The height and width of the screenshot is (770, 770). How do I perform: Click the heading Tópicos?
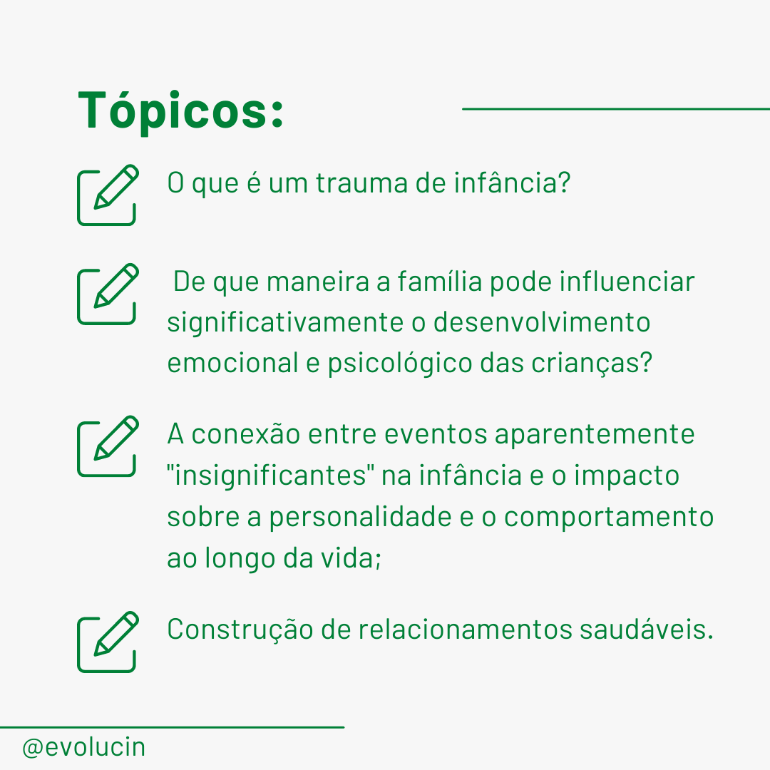click(x=180, y=111)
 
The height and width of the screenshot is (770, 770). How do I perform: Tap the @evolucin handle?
click(x=83, y=748)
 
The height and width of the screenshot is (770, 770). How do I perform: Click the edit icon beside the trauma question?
click(x=108, y=195)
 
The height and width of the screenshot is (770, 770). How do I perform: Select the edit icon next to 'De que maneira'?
click(x=108, y=294)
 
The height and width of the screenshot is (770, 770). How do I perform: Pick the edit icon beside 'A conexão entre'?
click(x=108, y=446)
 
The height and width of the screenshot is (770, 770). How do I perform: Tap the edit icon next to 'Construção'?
click(x=108, y=642)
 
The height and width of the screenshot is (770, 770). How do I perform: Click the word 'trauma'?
click(x=361, y=183)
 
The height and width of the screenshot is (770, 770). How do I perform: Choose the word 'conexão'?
click(x=245, y=435)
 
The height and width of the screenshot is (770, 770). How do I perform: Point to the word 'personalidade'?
click(x=360, y=517)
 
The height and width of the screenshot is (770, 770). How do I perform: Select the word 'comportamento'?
click(x=609, y=517)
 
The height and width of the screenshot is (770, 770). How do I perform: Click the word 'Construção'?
click(x=240, y=630)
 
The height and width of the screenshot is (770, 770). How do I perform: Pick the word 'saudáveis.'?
click(x=646, y=629)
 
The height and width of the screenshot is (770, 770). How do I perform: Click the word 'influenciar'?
click(x=627, y=282)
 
